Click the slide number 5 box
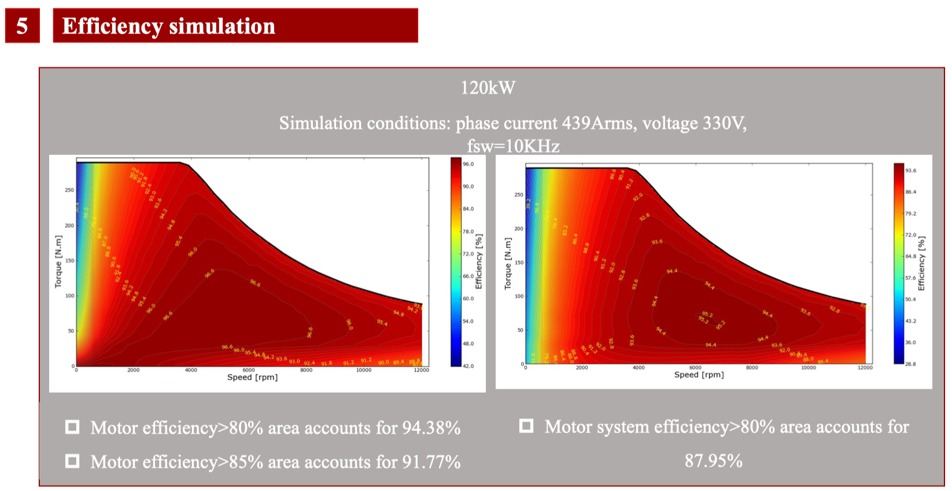point(22,26)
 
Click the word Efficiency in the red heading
point(112,26)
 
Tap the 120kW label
point(488,88)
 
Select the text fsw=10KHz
point(513,146)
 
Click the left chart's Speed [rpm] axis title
point(252,377)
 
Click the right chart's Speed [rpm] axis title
point(699,375)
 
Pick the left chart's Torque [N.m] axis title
point(58,261)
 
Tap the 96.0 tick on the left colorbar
point(468,164)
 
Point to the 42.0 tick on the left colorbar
point(468,366)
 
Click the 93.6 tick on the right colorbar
point(910,171)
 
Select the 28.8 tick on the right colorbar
point(910,364)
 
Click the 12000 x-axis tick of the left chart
point(421,370)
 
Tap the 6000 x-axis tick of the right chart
point(695,368)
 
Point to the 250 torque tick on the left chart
point(69,190)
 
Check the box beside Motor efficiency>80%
point(72,427)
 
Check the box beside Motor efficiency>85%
point(72,461)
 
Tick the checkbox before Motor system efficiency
point(526,426)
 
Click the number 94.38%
point(431,428)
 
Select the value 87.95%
point(713,461)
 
